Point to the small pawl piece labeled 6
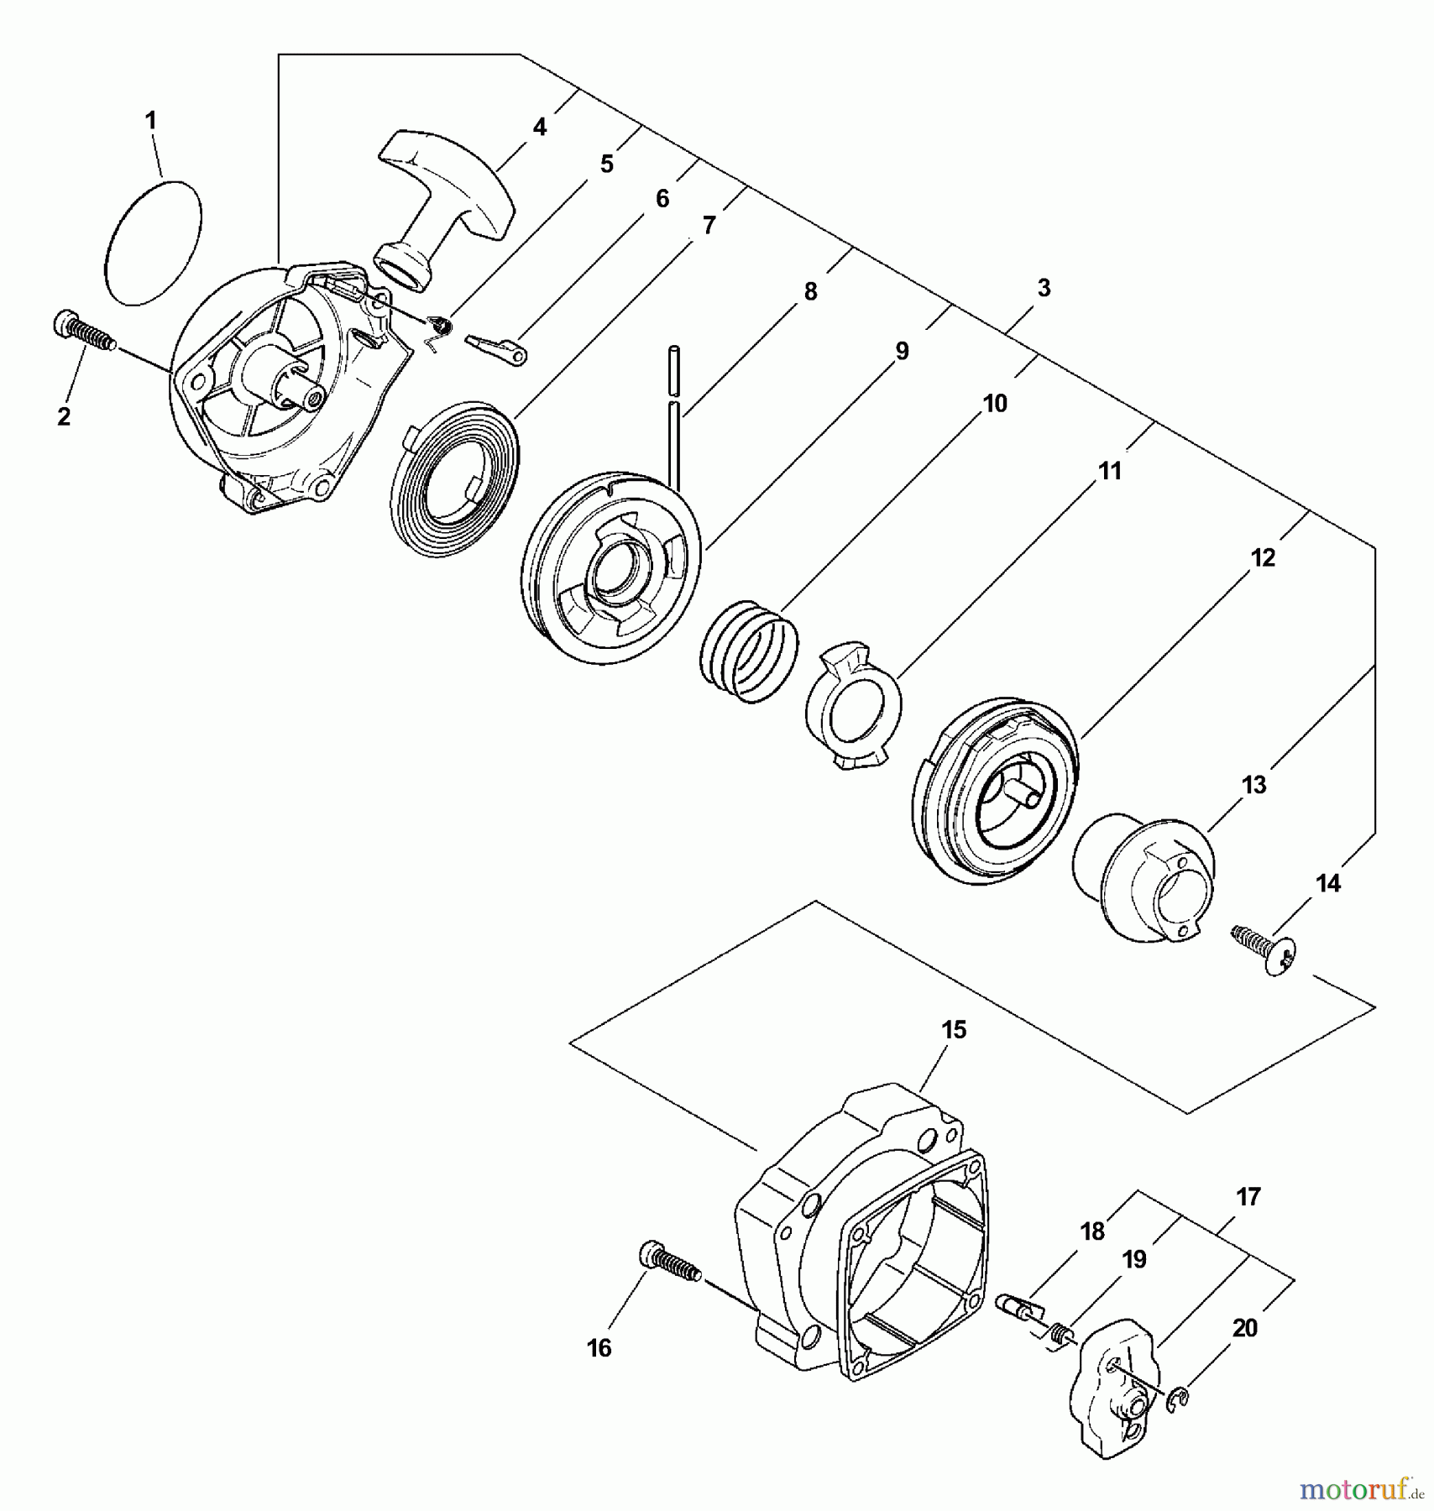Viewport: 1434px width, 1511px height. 495,349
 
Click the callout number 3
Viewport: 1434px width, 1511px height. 1043,288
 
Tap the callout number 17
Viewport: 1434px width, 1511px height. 1248,1196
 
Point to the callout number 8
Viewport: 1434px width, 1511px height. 809,291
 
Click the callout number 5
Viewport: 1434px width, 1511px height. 605,164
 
